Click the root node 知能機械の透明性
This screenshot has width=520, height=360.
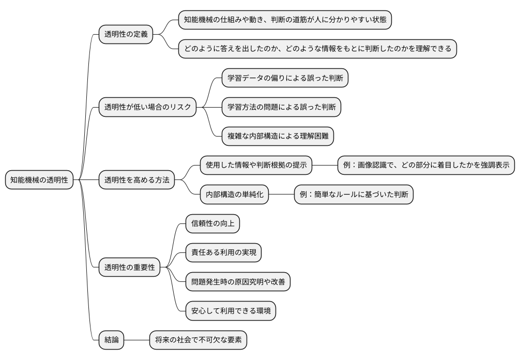tap(39, 181)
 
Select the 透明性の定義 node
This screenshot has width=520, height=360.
tap(126, 35)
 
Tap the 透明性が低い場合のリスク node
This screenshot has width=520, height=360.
tap(148, 108)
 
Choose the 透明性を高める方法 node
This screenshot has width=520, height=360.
tap(137, 181)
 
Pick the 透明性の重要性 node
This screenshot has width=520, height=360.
tap(129, 268)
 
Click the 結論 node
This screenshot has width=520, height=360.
tap(112, 340)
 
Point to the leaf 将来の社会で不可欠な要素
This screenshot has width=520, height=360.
tap(198, 340)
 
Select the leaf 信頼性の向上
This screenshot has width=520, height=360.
tap(212, 224)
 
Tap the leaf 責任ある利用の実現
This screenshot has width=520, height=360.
tap(223, 253)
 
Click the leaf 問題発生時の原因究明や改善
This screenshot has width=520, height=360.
tap(238, 282)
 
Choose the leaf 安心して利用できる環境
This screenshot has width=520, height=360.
tap(231, 311)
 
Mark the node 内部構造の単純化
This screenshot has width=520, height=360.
tap(234, 195)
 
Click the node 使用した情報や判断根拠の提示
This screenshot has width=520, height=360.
tap(256, 166)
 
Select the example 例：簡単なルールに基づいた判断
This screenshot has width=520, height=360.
tap(354, 195)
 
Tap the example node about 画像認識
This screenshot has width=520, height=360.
tap(426, 166)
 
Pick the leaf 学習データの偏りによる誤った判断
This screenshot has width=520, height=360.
tap(285, 79)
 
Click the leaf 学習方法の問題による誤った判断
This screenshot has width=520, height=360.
tap(282, 108)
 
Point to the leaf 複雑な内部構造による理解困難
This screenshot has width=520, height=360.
tap(278, 137)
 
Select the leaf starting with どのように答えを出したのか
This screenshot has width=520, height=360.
tap(317, 50)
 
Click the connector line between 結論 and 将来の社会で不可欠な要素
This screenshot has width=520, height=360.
tap(137, 340)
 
